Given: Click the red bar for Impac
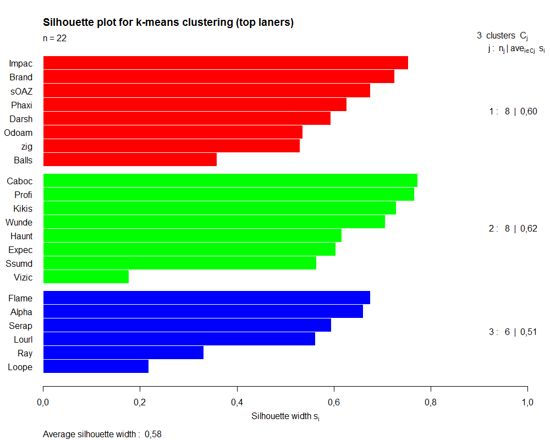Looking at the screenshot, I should coord(226,63).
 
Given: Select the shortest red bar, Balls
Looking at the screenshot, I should coord(130,160).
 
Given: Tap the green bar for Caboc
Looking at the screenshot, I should coord(230,180).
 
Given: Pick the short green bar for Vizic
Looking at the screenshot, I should coord(86,277).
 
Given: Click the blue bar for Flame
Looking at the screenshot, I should coord(206,298).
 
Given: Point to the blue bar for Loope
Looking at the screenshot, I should coord(96,366).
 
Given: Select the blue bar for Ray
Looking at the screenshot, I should coord(123,353).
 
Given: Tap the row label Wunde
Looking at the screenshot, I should coord(19,222).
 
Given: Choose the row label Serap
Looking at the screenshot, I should coord(21,326).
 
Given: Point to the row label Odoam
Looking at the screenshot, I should coord(18,133).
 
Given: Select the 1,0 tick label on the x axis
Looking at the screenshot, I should coord(527,403).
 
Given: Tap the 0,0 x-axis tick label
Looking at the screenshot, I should coord(43,403).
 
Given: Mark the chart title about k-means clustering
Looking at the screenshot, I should coord(168,23).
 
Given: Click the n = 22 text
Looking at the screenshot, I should coord(55,38).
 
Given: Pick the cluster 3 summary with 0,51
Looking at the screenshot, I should coord(513,332).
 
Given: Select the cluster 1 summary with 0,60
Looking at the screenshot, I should coord(513,112).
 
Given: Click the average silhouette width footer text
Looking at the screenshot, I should coord(102,435).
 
